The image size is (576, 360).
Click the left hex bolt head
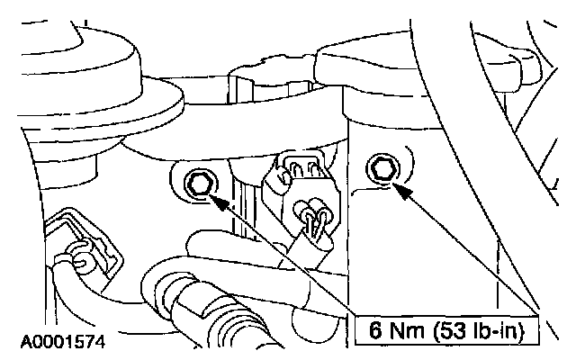click(199, 185)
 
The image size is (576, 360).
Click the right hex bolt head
click(380, 168)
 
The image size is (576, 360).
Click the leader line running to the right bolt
click(468, 252)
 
